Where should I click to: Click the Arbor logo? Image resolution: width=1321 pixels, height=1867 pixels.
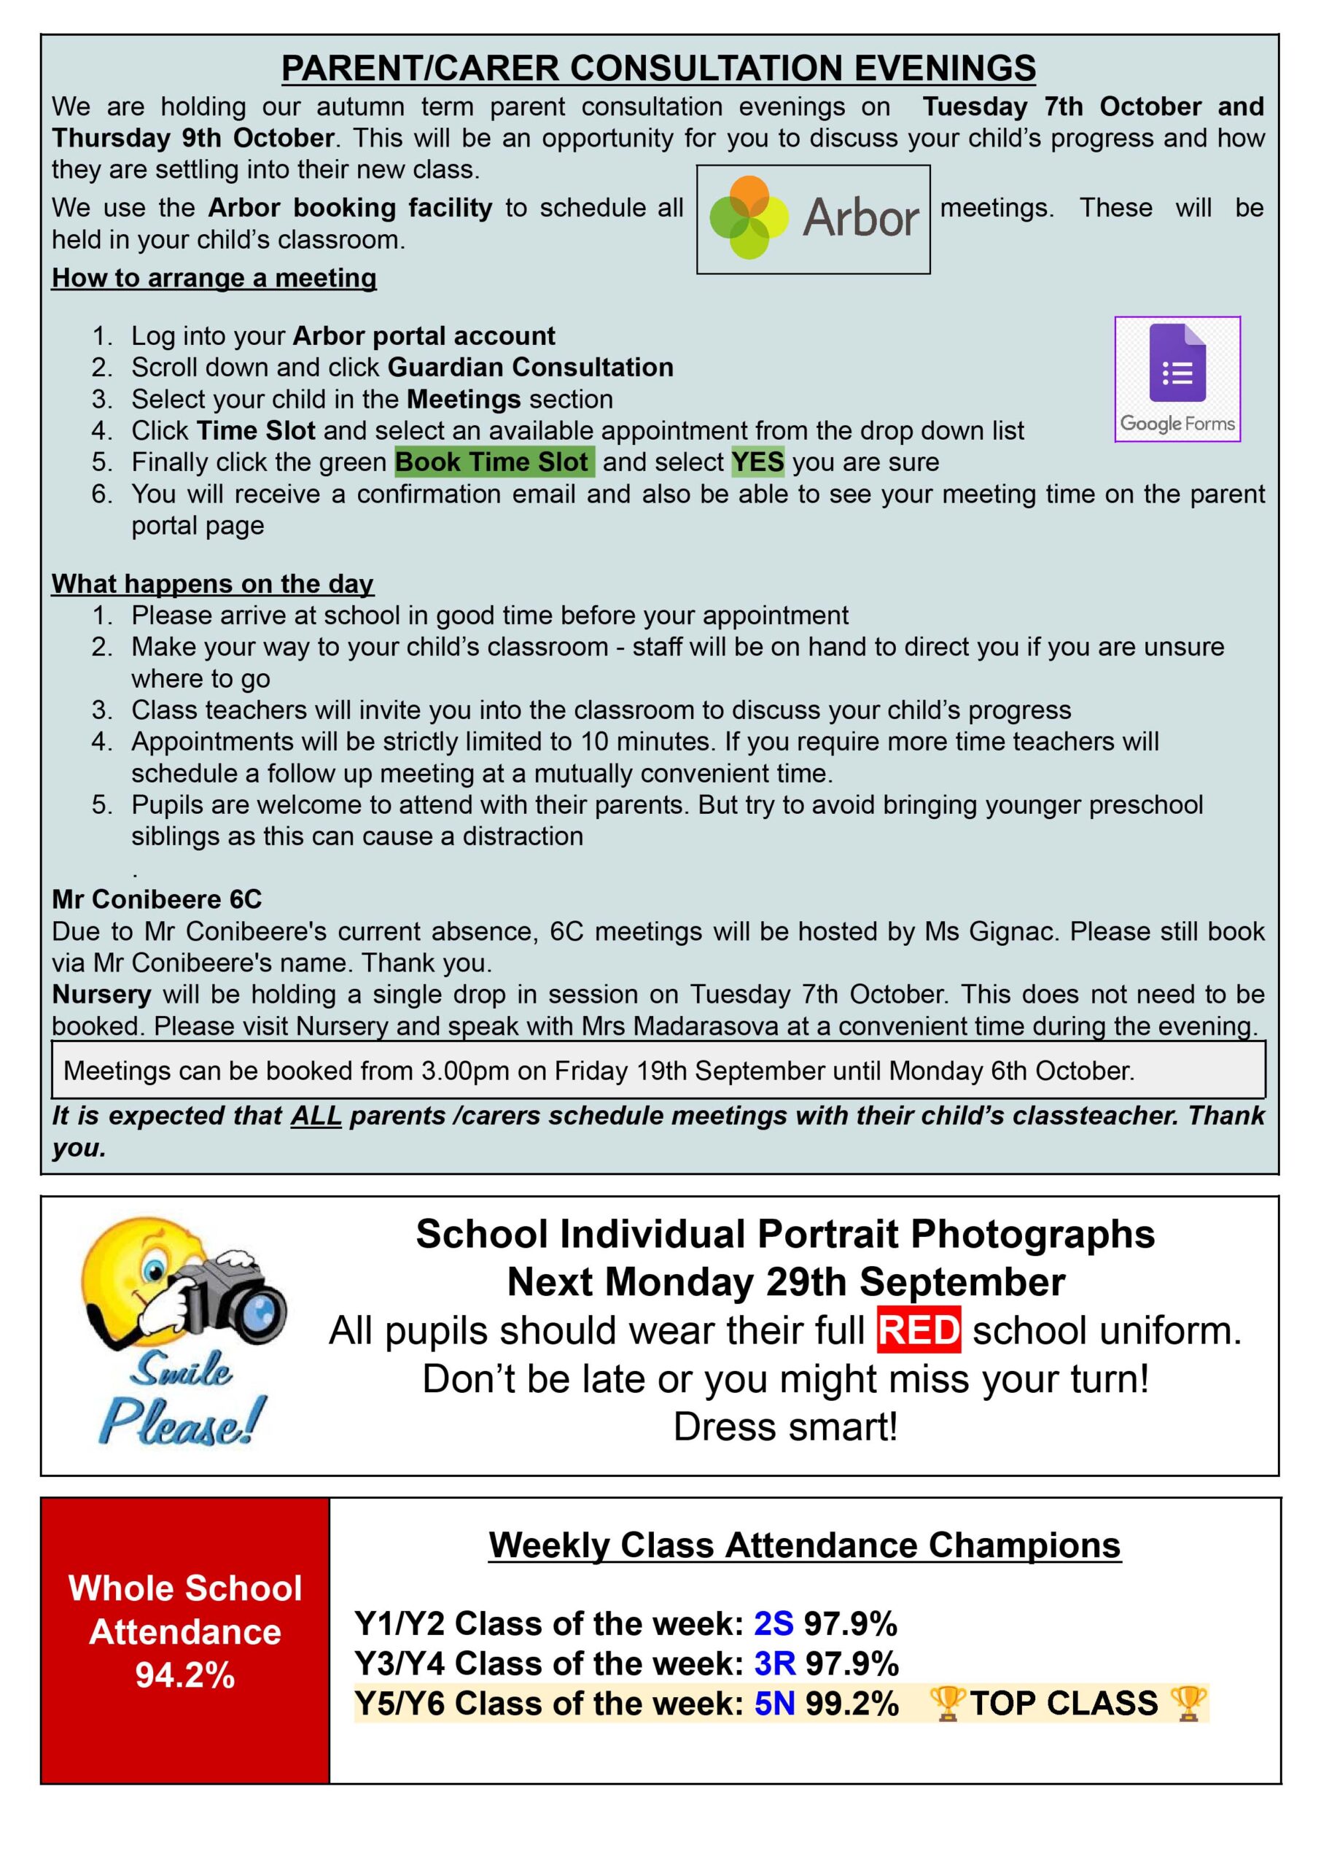pyautogui.click(x=813, y=219)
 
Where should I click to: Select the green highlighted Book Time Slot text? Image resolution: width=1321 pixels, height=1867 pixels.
pyautogui.click(x=494, y=462)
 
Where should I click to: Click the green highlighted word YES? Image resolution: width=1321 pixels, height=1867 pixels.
pyautogui.click(x=757, y=462)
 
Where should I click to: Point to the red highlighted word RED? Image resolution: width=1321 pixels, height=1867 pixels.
pyautogui.click(x=919, y=1331)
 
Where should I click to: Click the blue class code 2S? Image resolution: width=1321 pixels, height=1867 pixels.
pyautogui.click(x=773, y=1623)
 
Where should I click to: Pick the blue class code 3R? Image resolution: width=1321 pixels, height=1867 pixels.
pyautogui.click(x=774, y=1664)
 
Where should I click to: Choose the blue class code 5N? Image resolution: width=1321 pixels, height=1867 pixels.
pyautogui.click(x=774, y=1704)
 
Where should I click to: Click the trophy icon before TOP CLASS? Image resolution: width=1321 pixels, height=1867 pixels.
pyautogui.click(x=947, y=1704)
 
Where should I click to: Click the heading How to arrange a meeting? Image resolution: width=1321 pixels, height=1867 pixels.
pyautogui.click(x=214, y=278)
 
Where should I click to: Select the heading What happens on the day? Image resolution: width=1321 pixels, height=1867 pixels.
pyautogui.click(x=212, y=584)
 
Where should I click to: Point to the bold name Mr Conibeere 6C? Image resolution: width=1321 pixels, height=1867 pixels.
pyautogui.click(x=157, y=899)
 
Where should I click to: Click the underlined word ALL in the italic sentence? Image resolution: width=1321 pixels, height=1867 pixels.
pyautogui.click(x=316, y=1115)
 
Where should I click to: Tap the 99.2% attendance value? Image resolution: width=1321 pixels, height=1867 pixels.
pyautogui.click(x=852, y=1704)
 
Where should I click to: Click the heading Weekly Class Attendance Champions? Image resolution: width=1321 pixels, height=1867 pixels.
pyautogui.click(x=804, y=1545)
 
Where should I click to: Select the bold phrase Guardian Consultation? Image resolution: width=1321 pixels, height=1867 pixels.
pyautogui.click(x=530, y=368)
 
